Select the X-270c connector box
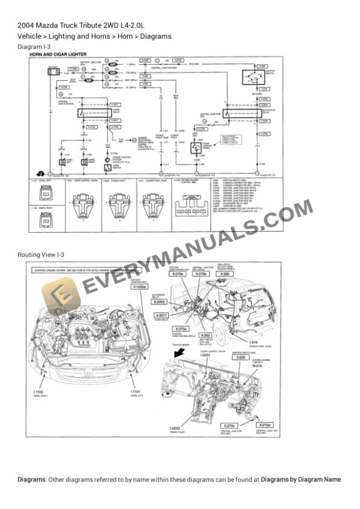tap(229, 425)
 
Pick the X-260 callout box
tap(224, 274)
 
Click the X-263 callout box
tap(204, 335)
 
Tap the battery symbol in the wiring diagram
tap(53, 71)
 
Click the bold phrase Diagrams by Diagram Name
tap(301, 480)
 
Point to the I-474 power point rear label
tap(254, 342)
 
